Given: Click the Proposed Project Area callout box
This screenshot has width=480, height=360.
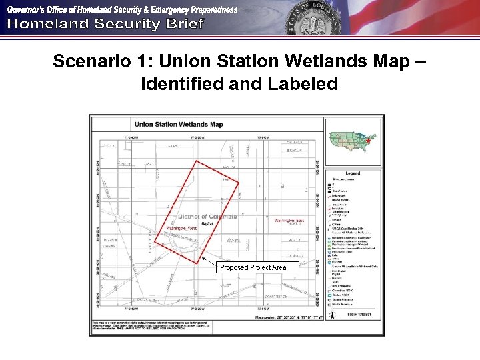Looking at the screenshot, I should pos(253,267).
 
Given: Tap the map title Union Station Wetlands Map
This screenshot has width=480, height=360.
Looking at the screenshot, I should pos(179,124).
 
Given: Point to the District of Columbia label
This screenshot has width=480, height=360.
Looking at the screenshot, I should pos(208,217).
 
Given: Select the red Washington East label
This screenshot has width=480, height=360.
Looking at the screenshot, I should pos(289,221).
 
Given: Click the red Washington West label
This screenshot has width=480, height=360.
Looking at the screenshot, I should pos(182,229).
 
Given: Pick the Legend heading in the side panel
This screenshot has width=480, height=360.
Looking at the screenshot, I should pos(353,173).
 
